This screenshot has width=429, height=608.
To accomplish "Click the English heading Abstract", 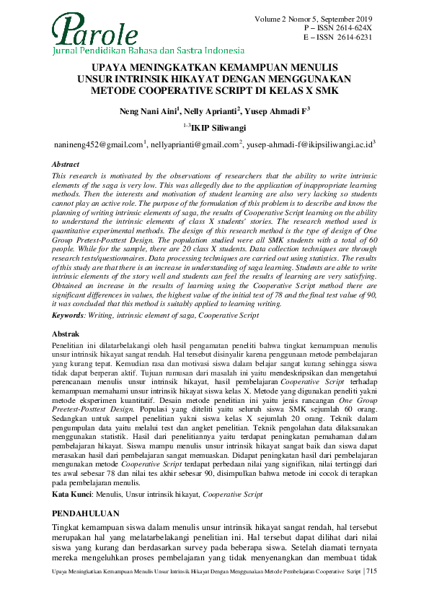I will [x=68, y=165].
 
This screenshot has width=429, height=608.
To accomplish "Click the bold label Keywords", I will [x=75, y=315].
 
